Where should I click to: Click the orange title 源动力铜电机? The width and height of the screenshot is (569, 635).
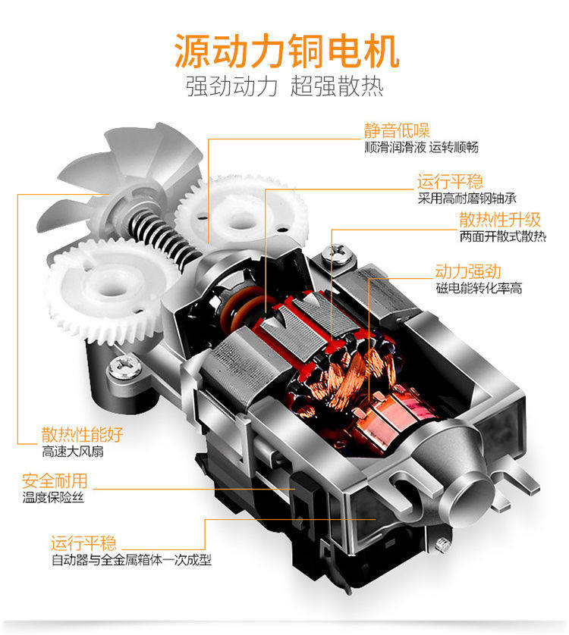pos(286,52)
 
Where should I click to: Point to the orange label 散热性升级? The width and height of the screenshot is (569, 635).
pos(500,220)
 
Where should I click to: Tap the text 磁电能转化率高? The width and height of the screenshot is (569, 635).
pos(479,289)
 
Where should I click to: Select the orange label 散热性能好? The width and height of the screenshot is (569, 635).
pos(82,435)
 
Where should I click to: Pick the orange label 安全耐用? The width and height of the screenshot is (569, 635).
pos(55,480)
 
